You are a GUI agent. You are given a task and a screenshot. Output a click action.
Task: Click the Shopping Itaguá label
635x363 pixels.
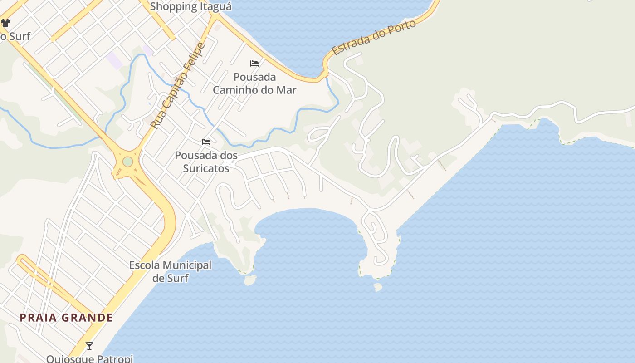pyautogui.click(x=190, y=6)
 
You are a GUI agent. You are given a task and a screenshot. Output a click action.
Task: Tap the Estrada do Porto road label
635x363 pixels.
pyautogui.click(x=374, y=37)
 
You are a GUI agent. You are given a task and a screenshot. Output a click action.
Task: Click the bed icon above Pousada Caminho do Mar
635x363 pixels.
pyautogui.click(x=254, y=63)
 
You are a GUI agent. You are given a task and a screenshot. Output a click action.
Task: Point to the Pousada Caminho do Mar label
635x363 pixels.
pyautogui.click(x=254, y=83)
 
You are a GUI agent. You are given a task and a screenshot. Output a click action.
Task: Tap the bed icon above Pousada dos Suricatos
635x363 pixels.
pyautogui.click(x=206, y=142)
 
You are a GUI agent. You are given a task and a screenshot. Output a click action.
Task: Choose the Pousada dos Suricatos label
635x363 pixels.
pyautogui.click(x=206, y=162)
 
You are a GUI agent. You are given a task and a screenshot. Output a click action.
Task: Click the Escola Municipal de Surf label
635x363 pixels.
pyautogui.click(x=170, y=271)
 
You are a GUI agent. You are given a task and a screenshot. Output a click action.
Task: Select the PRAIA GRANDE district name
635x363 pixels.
pyautogui.click(x=66, y=318)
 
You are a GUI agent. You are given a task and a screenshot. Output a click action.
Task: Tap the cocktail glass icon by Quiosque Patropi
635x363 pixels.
pyautogui.click(x=89, y=346)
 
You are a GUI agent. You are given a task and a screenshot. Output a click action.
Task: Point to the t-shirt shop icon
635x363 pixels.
pyautogui.click(x=5, y=23)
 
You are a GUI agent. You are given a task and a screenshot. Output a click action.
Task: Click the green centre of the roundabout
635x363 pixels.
pyautogui.click(x=127, y=162)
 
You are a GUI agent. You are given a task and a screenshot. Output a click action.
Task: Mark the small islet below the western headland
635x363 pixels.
pyautogui.click(x=249, y=280)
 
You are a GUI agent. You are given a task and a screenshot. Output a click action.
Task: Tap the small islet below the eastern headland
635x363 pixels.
pyautogui.click(x=377, y=287)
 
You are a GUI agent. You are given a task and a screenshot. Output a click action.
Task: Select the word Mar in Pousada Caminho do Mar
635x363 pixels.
pyautogui.click(x=287, y=90)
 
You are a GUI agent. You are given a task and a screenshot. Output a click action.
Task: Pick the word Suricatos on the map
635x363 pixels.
pyautogui.click(x=206, y=168)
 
